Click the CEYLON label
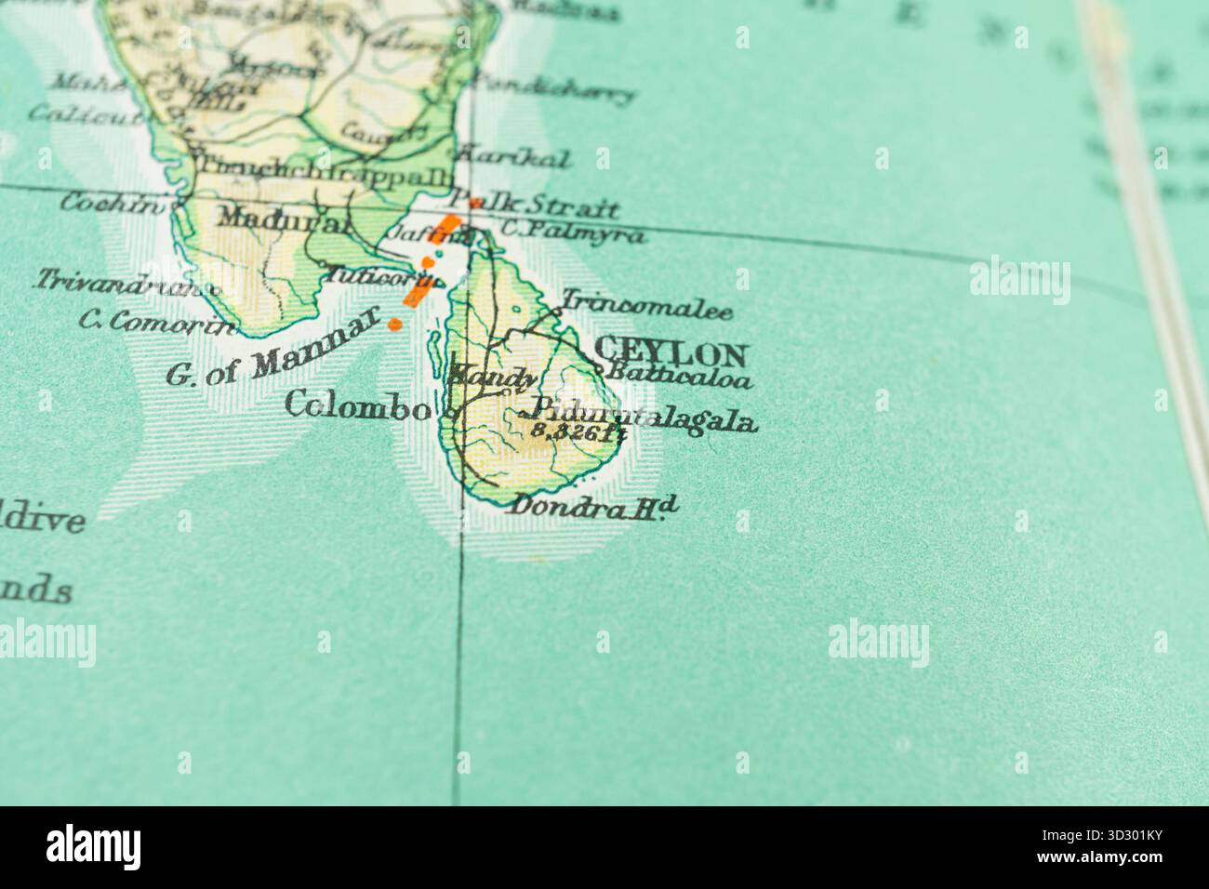(670, 352)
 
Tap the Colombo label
(358, 405)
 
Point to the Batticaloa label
(678, 377)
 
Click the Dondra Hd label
(593, 507)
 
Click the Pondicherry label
(554, 88)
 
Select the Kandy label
(492, 378)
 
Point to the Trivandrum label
(126, 282)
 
